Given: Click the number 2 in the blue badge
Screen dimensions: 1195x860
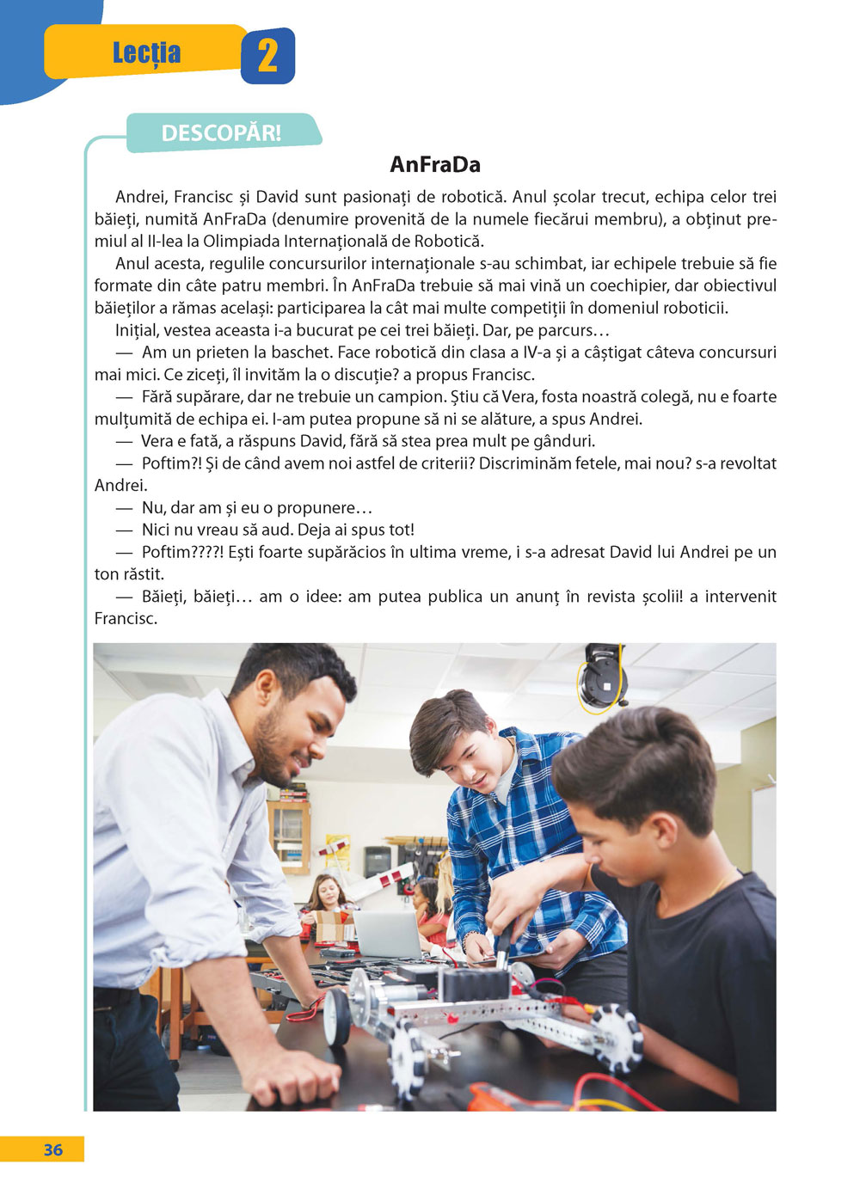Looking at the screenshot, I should pyautogui.click(x=267, y=56).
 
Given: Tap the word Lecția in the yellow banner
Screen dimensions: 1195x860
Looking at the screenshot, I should pyautogui.click(x=146, y=53).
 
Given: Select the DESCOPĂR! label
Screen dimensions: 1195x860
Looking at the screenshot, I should pyautogui.click(x=221, y=133).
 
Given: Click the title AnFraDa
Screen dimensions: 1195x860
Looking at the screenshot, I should pyautogui.click(x=435, y=164).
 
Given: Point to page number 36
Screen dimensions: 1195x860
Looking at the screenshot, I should pyautogui.click(x=52, y=1149).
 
